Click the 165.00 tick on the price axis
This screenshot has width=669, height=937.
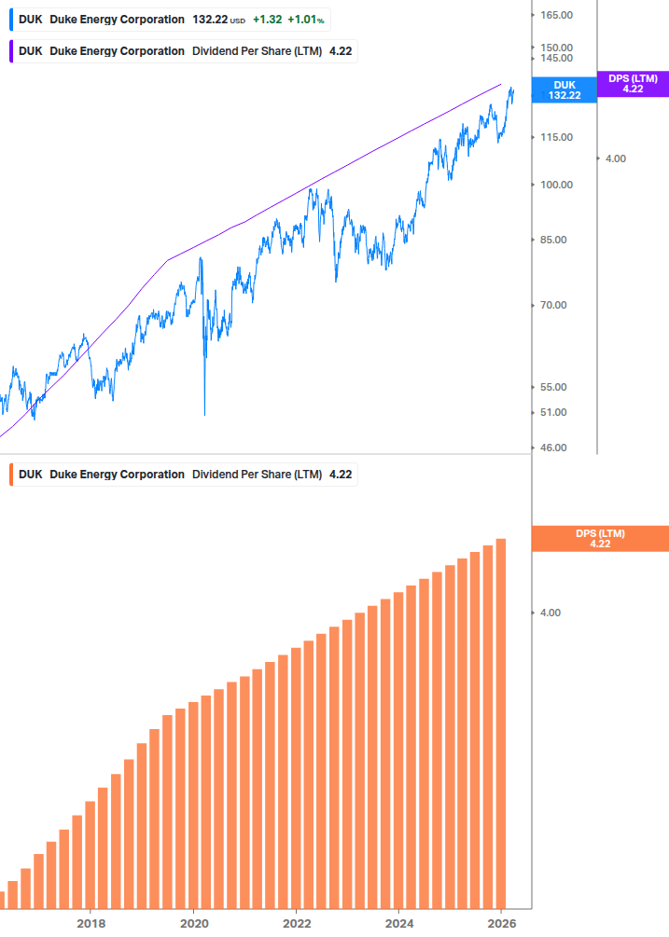pos(555,16)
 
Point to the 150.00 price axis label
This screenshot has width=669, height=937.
pos(555,48)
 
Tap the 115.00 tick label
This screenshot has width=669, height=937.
pos(555,137)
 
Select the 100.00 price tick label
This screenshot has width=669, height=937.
pos(555,185)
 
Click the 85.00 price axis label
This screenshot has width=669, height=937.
pos(552,240)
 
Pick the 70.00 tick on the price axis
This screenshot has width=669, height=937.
pos(552,305)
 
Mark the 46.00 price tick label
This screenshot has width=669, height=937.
pos(552,448)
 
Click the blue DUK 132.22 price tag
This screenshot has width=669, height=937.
pos(564,90)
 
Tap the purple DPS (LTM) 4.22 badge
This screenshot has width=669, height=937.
pos(633,84)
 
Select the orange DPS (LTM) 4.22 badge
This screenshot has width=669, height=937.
pos(599,539)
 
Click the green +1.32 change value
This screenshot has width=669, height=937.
pos(267,19)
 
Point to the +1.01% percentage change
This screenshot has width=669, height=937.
pos(305,19)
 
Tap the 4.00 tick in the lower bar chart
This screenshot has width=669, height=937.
pos(551,613)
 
